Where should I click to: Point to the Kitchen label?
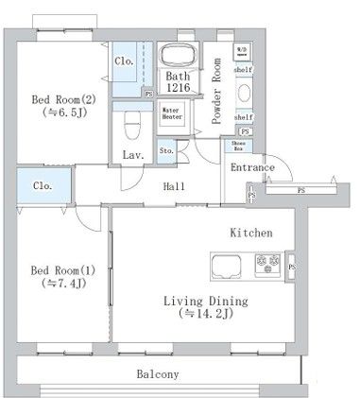(251, 232)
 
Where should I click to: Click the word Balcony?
(156, 374)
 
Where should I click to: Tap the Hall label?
(172, 186)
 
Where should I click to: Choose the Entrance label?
(252, 168)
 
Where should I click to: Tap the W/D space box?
(242, 51)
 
